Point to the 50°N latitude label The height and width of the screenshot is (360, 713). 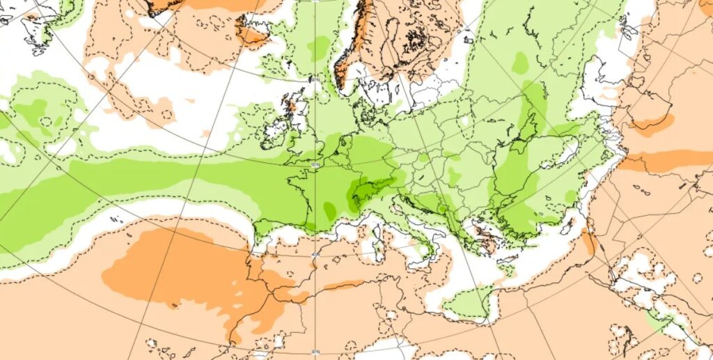(x=315, y=164)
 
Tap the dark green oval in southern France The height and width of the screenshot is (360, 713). (x=329, y=208)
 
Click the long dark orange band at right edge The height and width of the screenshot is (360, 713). (x=668, y=162)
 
